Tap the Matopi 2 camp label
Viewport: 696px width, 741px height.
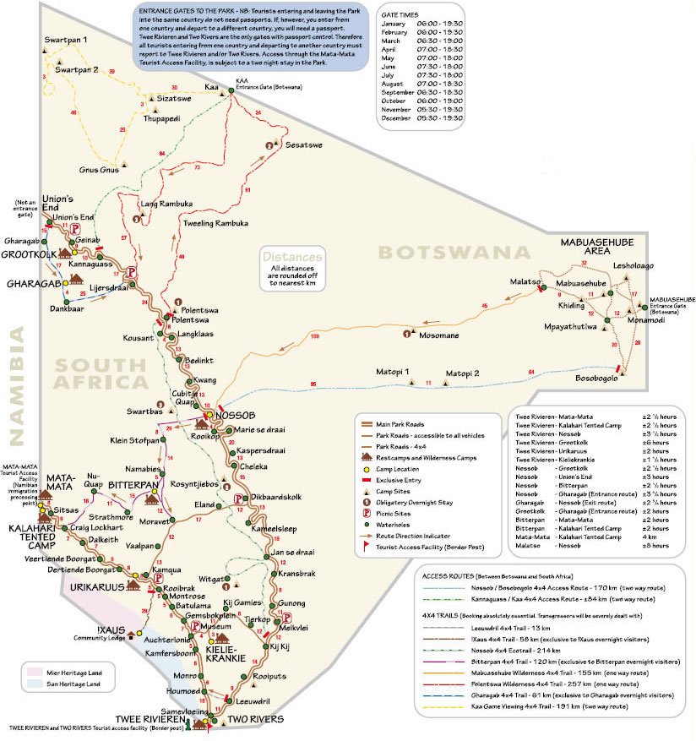coord(462,373)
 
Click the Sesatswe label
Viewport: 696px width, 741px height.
coord(304,145)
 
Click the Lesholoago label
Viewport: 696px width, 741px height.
coord(633,265)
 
